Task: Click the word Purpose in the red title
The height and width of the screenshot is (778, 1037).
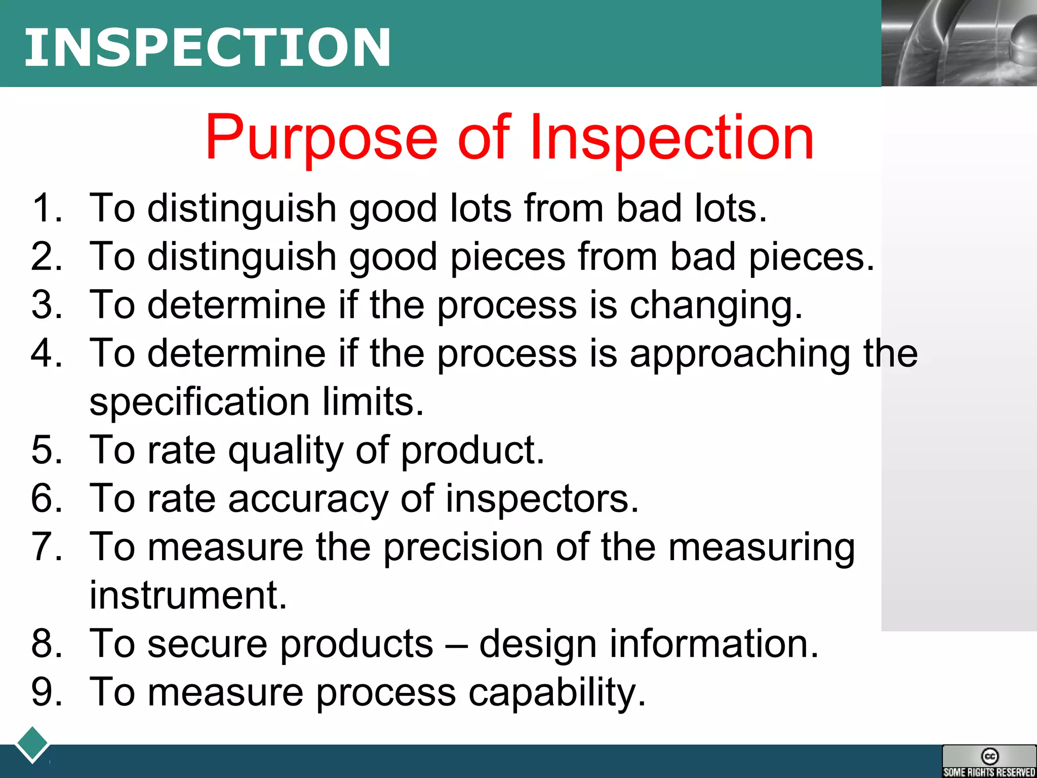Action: [321, 137]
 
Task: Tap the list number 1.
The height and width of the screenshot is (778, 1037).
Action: [46, 208]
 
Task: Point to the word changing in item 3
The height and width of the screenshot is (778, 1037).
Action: [716, 305]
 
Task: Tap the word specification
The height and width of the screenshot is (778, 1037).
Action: [200, 402]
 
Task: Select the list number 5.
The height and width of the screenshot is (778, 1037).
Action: [46, 450]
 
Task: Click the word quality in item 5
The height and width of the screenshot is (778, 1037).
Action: [286, 450]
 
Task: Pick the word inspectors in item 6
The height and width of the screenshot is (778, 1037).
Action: [542, 499]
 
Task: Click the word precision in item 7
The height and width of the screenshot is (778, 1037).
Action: [463, 547]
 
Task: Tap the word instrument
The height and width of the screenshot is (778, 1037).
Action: [188, 595]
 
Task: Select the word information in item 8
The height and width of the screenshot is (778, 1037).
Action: [714, 644]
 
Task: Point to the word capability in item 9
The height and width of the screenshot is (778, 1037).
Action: [557, 692]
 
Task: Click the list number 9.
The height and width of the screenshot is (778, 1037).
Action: [46, 692]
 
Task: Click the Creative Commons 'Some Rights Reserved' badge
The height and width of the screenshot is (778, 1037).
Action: [989, 761]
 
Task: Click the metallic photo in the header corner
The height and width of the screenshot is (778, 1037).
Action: [959, 43]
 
